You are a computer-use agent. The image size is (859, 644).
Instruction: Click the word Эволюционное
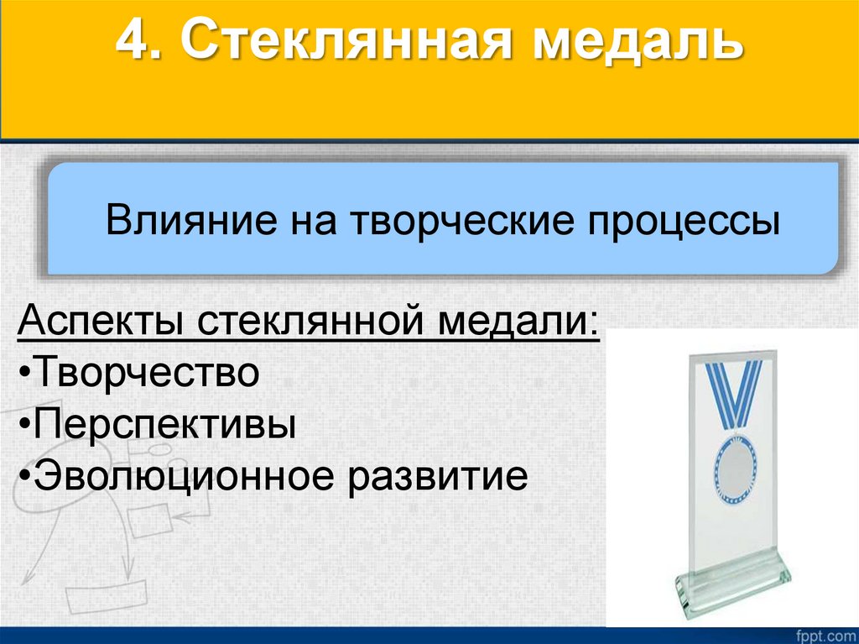coord(173,477)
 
